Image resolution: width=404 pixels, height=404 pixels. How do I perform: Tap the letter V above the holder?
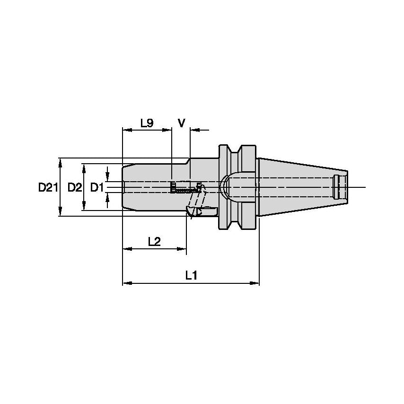click(181, 123)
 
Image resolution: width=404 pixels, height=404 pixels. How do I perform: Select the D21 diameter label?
click(47, 188)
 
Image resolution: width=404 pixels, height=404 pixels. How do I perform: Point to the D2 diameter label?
click(74, 188)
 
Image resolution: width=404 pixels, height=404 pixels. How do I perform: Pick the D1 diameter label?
click(97, 188)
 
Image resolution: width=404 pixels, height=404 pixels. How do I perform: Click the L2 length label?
click(154, 241)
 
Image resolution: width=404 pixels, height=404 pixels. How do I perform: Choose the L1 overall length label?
click(191, 276)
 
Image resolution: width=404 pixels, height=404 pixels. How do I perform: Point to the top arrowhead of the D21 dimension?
click(60, 162)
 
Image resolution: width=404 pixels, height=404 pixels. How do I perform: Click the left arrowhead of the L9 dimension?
click(126, 129)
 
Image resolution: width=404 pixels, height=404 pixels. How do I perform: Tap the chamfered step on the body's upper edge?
click(188, 161)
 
